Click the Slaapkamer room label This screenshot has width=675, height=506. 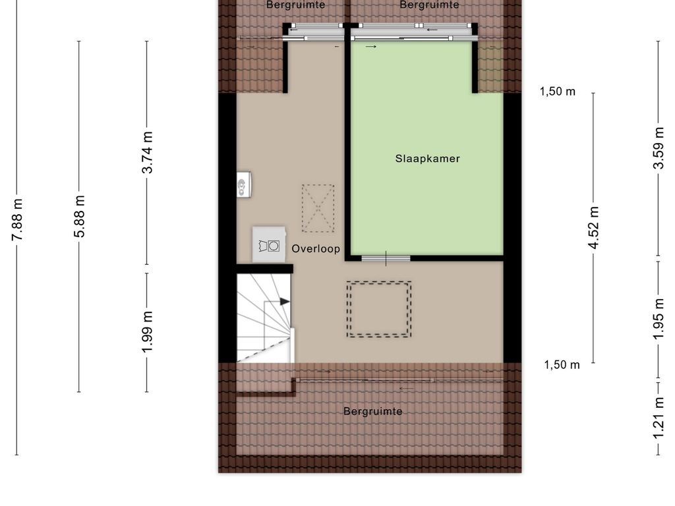[427, 159]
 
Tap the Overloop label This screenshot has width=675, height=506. [316, 248]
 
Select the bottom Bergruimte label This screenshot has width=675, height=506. [373, 411]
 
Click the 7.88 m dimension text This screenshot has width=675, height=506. [17, 219]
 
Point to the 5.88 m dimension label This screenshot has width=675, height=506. [80, 216]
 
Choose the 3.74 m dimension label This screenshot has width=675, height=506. [147, 153]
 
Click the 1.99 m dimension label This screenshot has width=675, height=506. [147, 332]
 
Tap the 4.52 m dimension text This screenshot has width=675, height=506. [594, 228]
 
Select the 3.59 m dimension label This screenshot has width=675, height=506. [659, 148]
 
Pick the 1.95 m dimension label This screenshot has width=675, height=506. [659, 319]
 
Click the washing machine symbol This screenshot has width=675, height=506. [269, 244]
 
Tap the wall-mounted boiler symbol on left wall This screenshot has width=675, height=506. [244, 184]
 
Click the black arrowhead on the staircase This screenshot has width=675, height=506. [285, 302]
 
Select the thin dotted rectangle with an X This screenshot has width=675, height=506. [318, 209]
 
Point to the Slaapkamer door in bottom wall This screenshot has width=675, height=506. [386, 258]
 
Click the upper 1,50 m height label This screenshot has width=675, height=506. [558, 92]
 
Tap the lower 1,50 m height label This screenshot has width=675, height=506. [562, 365]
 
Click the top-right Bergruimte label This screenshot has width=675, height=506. [429, 5]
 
